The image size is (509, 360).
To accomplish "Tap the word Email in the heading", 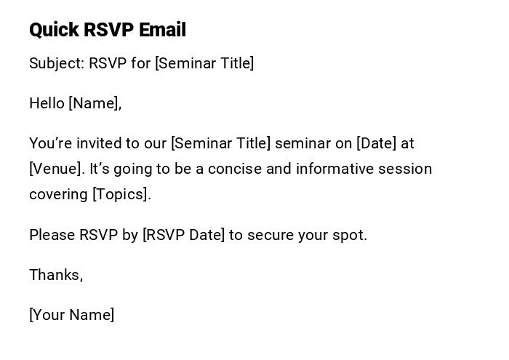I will (x=162, y=30).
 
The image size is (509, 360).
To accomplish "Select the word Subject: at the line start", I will (x=57, y=63).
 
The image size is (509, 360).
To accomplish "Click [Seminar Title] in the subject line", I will (x=204, y=63).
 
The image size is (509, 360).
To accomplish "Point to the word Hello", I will (x=47, y=103).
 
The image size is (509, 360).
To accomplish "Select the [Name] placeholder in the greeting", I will (x=95, y=103).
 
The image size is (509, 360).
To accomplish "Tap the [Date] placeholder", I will (x=376, y=143).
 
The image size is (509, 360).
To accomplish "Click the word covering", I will (x=58, y=194).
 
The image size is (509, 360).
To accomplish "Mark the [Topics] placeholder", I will (x=121, y=194).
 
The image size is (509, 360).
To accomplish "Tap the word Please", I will (x=52, y=235).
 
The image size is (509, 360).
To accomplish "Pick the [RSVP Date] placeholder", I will (x=183, y=235).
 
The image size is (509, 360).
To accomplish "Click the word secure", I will (x=270, y=235).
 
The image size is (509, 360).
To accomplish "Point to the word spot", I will (x=350, y=235).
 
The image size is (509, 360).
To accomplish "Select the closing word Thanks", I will (x=55, y=275).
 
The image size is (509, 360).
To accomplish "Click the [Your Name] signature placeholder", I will (x=71, y=315).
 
